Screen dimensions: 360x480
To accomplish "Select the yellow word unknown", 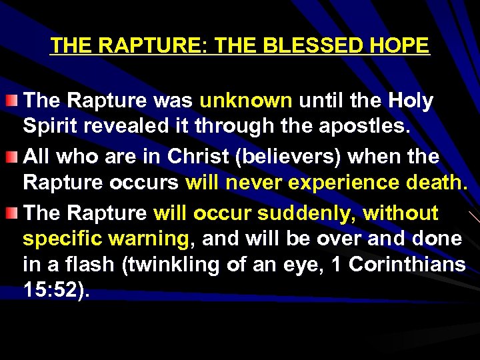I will point(246,101).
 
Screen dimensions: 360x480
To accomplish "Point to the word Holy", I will point(411,101).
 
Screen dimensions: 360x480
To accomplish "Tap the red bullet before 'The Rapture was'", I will point(14,101).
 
